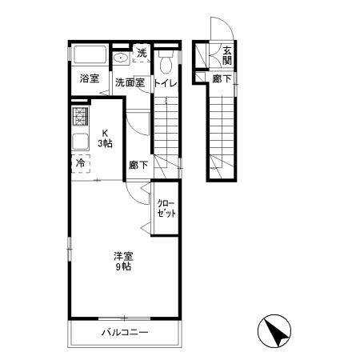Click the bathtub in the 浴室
point(90,54)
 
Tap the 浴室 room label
point(90,78)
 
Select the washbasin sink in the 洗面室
point(121,58)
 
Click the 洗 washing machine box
point(142,53)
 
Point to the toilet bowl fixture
point(166,62)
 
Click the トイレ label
point(166,83)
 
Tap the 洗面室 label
point(130,82)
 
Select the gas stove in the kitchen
point(80,116)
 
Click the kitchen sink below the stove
point(80,142)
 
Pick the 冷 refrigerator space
point(81,163)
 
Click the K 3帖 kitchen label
point(105,138)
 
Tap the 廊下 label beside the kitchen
point(138,165)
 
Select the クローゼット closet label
point(166,209)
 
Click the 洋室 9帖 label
point(123,262)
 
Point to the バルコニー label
point(125,333)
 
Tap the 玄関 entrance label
point(227,56)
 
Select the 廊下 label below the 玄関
point(222,78)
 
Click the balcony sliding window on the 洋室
point(125,318)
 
